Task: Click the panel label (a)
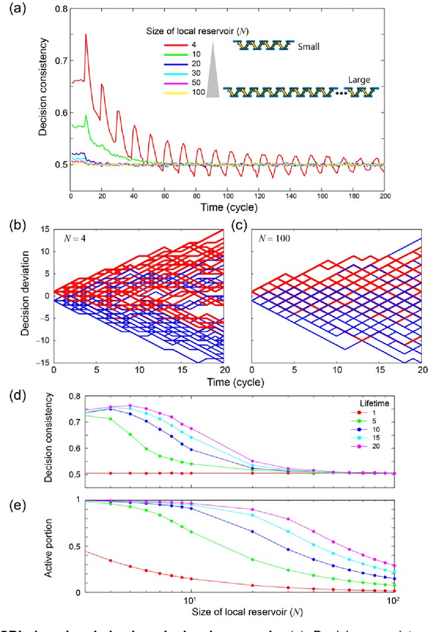click(x=13, y=9)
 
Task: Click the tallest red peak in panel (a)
click(x=86, y=35)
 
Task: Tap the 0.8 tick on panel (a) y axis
click(x=59, y=9)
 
